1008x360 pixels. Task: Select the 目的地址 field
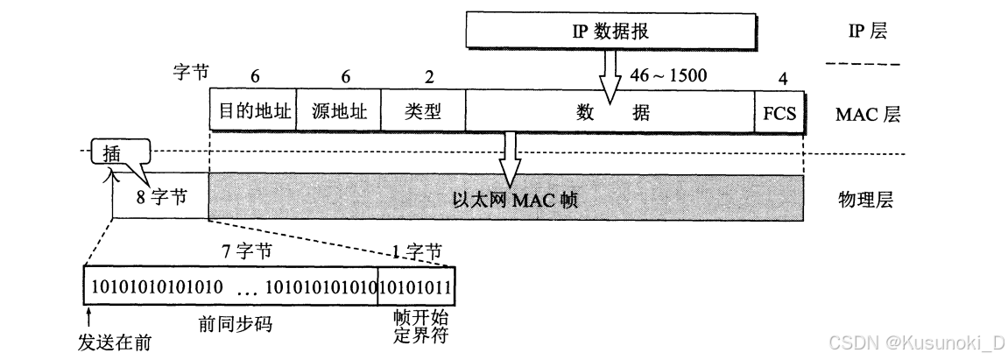tap(253, 111)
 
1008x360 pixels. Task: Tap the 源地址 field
tap(339, 111)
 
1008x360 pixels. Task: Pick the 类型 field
tap(423, 111)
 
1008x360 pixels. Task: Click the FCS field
tap(779, 112)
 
